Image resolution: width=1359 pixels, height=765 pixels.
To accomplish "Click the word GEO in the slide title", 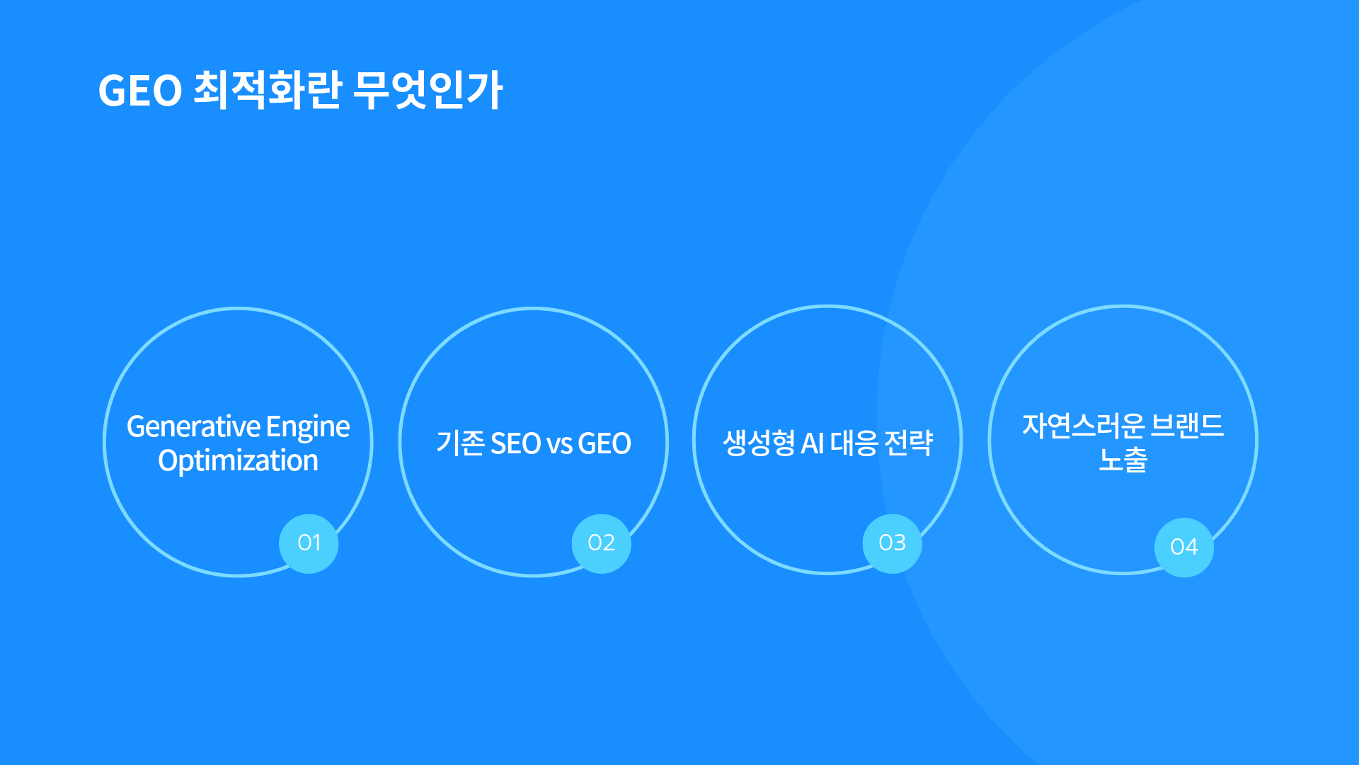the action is click(x=140, y=91).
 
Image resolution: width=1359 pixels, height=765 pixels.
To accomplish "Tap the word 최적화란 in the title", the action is click(x=268, y=90).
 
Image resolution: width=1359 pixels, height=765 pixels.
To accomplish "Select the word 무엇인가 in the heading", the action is click(x=428, y=90).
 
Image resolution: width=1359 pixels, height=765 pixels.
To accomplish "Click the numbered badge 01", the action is click(x=309, y=543).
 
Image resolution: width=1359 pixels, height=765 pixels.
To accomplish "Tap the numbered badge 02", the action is click(x=601, y=543).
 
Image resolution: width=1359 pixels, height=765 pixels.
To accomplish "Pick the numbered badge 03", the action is click(x=892, y=543).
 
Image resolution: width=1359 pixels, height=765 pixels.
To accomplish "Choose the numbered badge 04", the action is click(x=1183, y=548).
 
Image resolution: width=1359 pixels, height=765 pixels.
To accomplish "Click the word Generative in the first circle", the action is click(x=193, y=426).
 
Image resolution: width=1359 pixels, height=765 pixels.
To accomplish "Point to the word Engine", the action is click(x=308, y=428).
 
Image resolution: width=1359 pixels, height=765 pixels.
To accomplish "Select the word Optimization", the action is click(x=238, y=462).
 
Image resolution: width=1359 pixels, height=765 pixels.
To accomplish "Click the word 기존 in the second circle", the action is click(x=460, y=443).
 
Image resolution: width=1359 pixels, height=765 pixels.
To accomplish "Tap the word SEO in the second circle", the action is click(x=515, y=444).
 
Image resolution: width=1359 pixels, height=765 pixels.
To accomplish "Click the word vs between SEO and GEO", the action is click(x=559, y=446).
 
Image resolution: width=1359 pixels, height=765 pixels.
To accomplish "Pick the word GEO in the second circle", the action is click(x=604, y=444).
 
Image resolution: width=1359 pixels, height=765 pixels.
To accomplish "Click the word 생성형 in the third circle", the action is click(x=759, y=443).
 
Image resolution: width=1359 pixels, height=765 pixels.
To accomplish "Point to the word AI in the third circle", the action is click(x=812, y=444).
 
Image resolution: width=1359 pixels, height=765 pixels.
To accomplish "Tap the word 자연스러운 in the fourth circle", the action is click(x=1083, y=426).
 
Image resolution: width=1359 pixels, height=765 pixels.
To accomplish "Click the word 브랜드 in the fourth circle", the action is click(x=1187, y=426).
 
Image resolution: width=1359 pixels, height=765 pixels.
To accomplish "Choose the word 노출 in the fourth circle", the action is click(x=1123, y=460).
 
